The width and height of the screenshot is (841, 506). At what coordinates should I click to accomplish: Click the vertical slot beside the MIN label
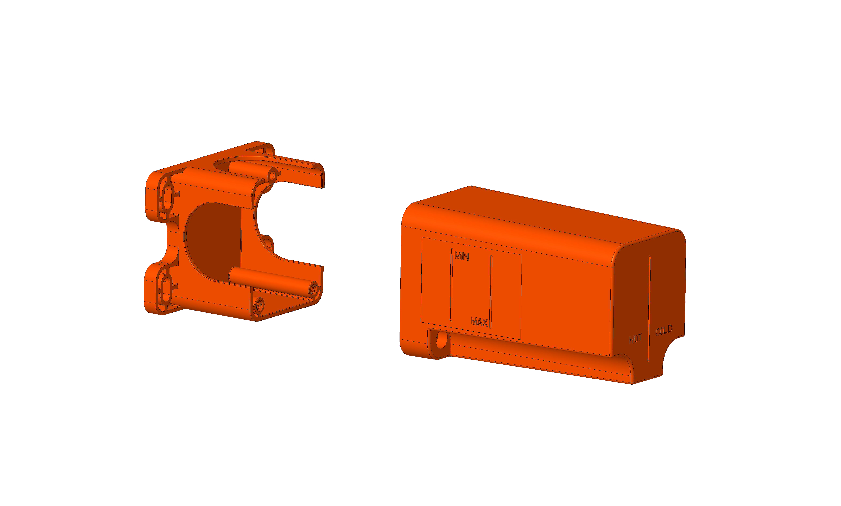pos(451,285)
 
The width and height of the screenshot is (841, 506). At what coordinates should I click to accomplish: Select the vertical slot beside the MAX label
pos(491,292)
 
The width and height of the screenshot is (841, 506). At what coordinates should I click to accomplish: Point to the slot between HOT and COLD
pos(649,309)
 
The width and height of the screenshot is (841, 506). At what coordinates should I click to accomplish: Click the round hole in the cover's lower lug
pos(441,340)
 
